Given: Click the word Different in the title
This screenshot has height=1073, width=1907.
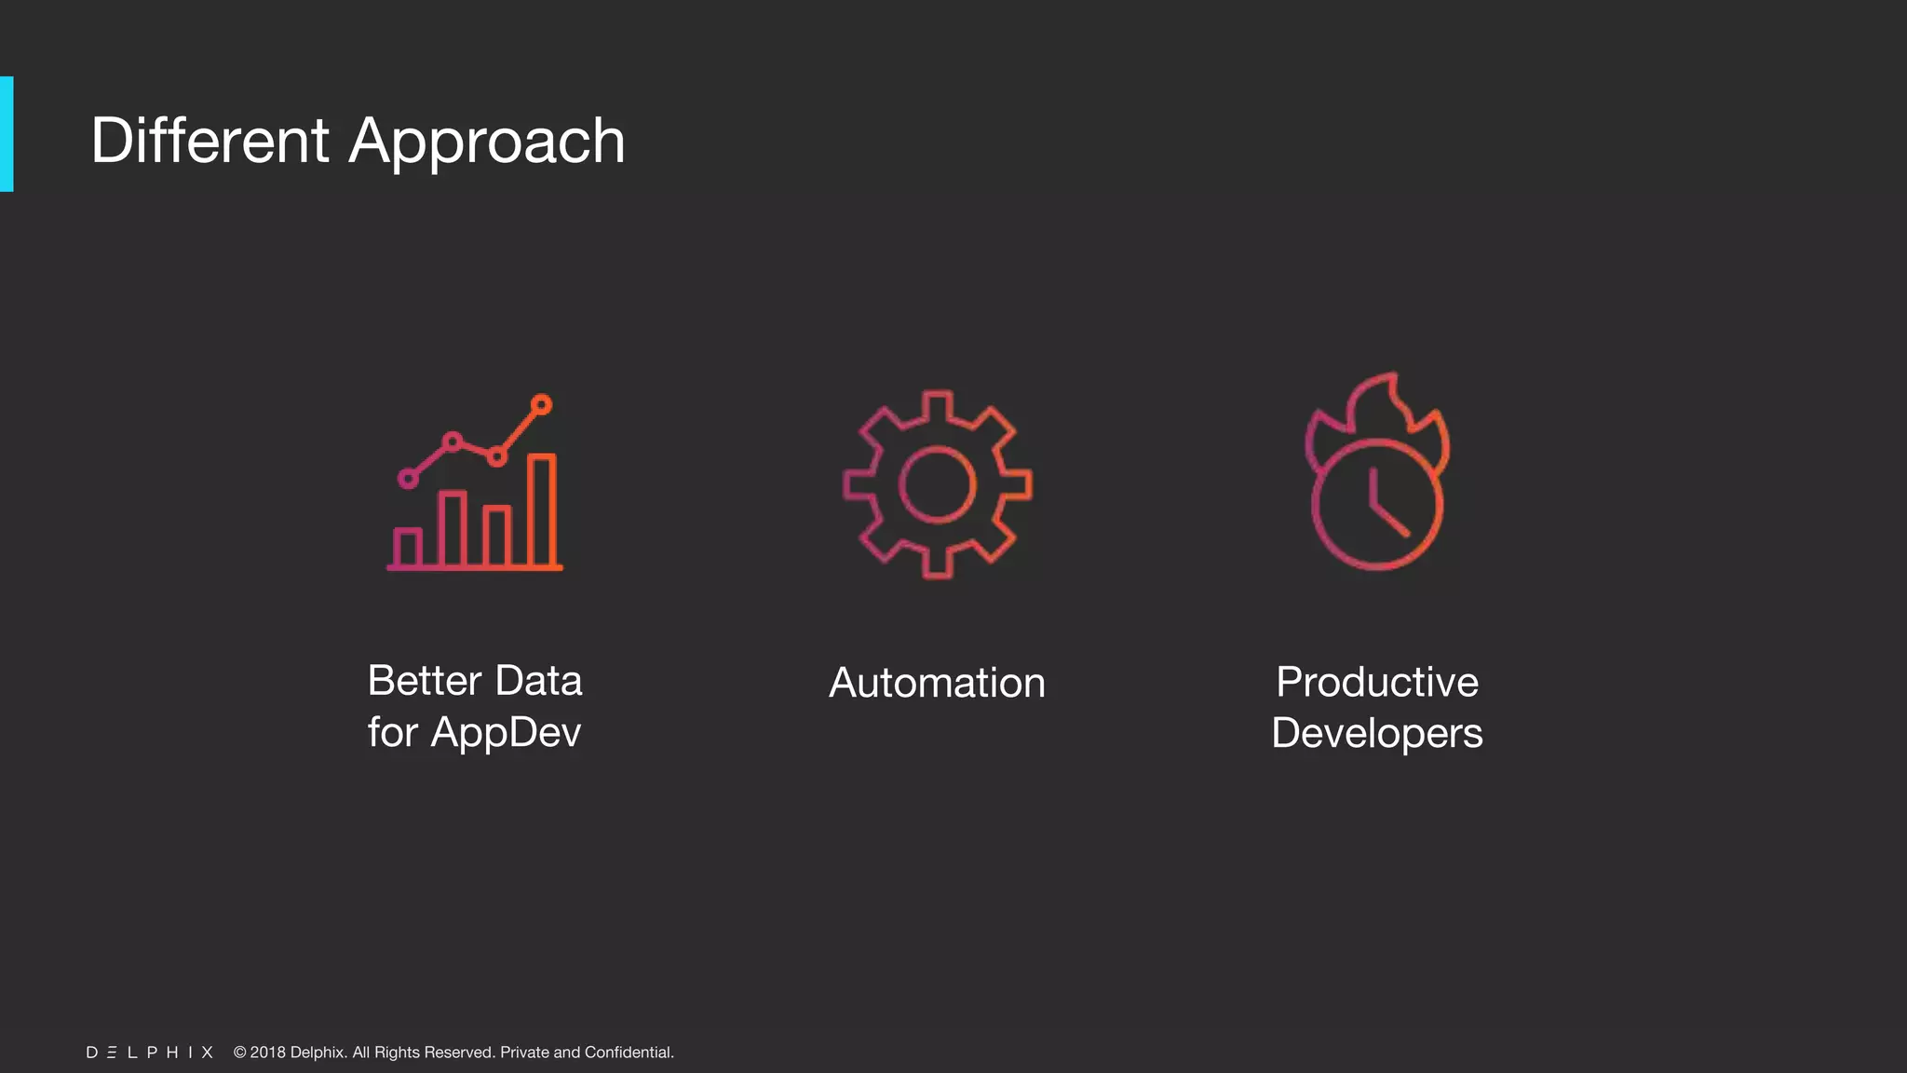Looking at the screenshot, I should tap(210, 142).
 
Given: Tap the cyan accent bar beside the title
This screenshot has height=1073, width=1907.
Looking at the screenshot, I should tap(7, 134).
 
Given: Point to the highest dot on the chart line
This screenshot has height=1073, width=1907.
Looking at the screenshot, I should tap(542, 404).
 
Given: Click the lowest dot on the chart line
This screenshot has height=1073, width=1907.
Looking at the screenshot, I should tap(408, 479).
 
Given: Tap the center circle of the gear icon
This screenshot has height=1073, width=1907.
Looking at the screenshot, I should tap(937, 484).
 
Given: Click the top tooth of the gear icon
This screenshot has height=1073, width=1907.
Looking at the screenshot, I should tap(937, 405).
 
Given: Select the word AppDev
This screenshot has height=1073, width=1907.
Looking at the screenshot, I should tap(506, 733).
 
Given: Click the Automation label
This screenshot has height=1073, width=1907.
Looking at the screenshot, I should tap(937, 683).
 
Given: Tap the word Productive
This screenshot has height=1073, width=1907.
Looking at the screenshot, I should tap(1377, 682).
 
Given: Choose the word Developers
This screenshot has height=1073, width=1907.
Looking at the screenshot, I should tap(1377, 733).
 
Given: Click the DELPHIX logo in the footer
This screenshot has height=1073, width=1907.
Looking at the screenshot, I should tap(150, 1053).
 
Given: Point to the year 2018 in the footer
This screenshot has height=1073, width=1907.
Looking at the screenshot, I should tap(268, 1053).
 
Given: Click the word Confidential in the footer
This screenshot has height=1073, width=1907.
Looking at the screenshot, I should tap(629, 1053).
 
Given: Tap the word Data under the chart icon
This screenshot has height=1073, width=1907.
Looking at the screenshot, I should tap(538, 681).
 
